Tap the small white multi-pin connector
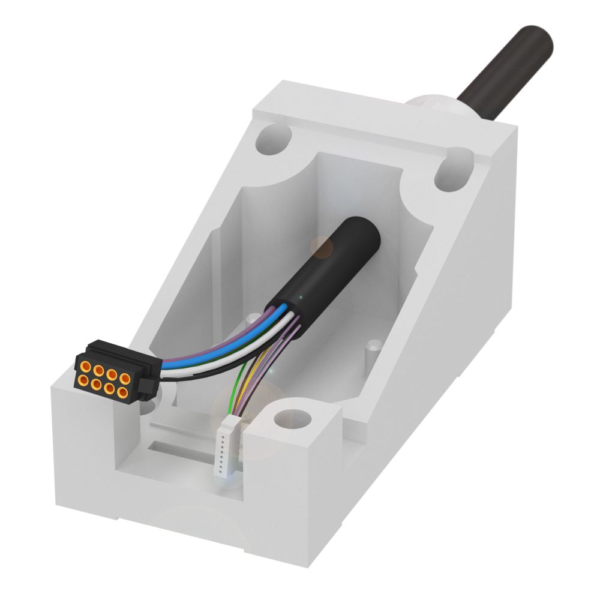(x=226, y=448)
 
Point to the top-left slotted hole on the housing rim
(x=273, y=139)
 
